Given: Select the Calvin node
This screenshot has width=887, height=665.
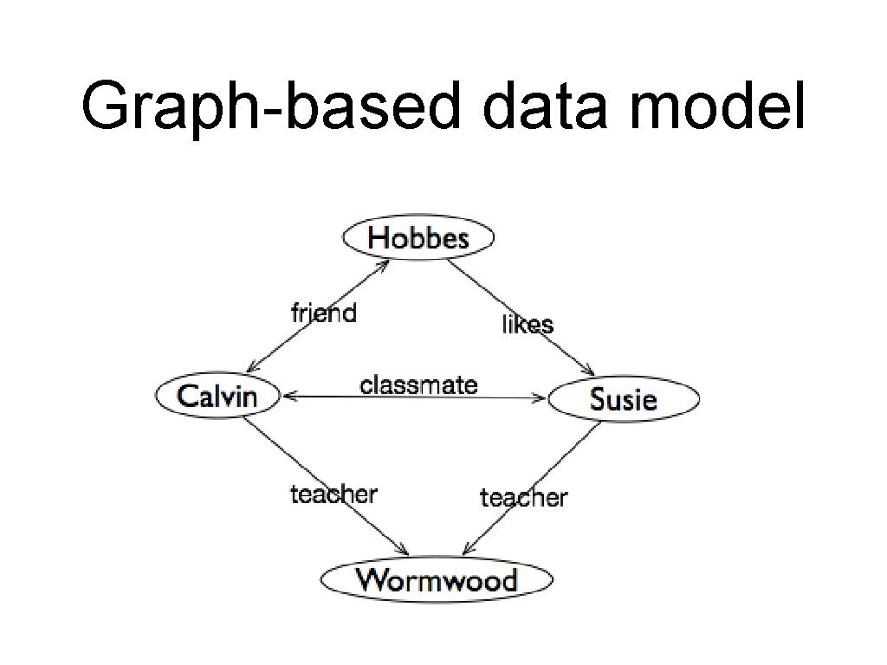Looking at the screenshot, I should (218, 397).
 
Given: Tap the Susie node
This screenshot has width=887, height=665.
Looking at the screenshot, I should (624, 399).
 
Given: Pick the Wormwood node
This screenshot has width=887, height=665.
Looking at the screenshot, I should (437, 579).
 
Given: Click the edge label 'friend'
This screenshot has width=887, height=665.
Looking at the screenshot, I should (323, 312).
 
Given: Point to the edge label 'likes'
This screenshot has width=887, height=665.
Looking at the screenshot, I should (528, 324).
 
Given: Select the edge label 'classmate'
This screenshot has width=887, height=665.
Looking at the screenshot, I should (418, 384).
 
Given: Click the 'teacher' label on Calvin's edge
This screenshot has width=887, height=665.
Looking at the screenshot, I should (333, 494).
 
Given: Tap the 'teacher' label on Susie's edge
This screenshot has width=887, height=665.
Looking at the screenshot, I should (523, 497).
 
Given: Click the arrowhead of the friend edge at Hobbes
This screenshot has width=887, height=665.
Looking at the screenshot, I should (384, 263).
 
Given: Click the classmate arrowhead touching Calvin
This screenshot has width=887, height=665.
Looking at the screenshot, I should (288, 396).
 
